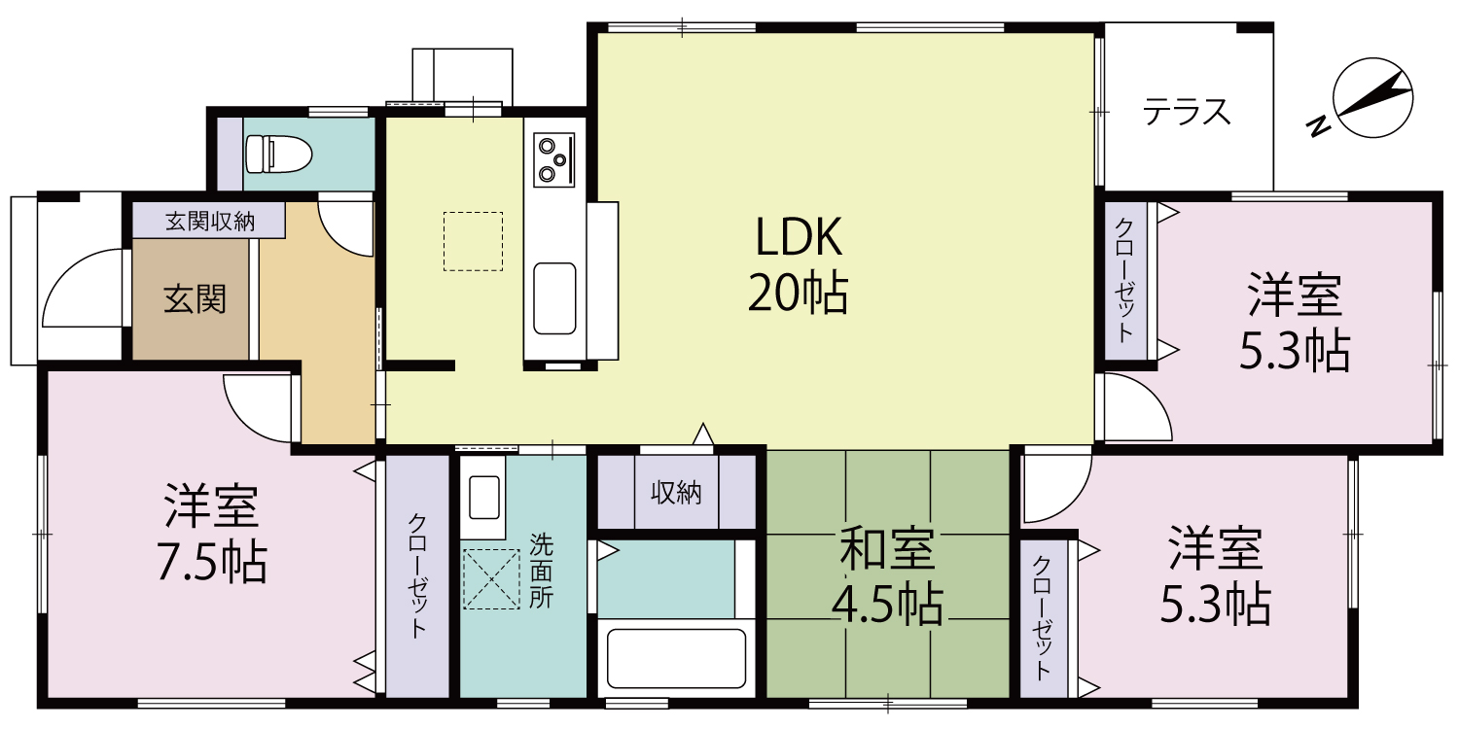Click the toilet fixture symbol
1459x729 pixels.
point(278,154)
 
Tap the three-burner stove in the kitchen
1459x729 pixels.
point(552,159)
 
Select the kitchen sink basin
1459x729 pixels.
point(554,297)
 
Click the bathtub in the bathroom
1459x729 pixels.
point(675,657)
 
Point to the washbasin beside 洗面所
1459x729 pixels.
point(483,497)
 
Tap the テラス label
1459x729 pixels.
point(1186,113)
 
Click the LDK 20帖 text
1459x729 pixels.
point(797,264)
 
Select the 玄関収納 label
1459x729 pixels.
point(209,221)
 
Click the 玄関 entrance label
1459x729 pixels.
point(195,298)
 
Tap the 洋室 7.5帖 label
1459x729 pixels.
point(211,534)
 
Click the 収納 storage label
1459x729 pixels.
point(675,493)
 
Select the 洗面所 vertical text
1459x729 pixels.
point(541,572)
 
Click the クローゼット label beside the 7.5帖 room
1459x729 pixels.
point(417,574)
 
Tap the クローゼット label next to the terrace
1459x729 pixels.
point(1124,279)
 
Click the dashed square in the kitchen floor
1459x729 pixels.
point(473,241)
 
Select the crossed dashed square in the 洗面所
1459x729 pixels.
point(491,579)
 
